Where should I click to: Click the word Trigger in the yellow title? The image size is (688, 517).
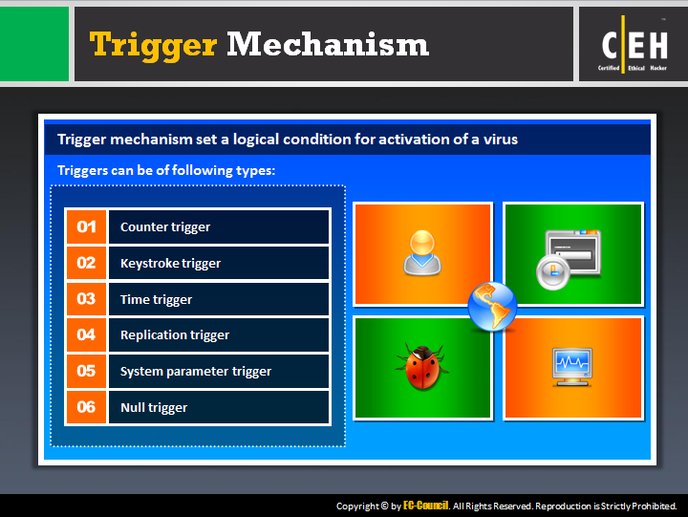[153, 46]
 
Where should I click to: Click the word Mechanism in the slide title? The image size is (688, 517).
[328, 44]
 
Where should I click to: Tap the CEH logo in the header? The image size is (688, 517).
[634, 44]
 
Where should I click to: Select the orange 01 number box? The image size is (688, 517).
[86, 226]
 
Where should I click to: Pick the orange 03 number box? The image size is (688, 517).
[86, 299]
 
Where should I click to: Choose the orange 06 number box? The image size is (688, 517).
[86, 407]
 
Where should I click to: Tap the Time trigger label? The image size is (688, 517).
[156, 300]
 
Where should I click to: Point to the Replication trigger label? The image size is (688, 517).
[175, 335]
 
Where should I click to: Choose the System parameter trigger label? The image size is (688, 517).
[196, 372]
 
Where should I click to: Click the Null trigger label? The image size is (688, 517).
[154, 408]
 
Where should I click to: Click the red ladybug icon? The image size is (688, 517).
[422, 367]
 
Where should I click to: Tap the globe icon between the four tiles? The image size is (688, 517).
[492, 307]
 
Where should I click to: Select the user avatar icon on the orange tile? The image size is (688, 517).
[422, 253]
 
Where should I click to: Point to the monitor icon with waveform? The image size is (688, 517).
[571, 367]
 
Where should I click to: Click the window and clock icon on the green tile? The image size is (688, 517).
[569, 260]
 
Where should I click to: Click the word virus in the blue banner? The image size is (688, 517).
[501, 140]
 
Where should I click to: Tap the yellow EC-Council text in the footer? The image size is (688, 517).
[425, 506]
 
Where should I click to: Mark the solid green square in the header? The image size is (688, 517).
[34, 44]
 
